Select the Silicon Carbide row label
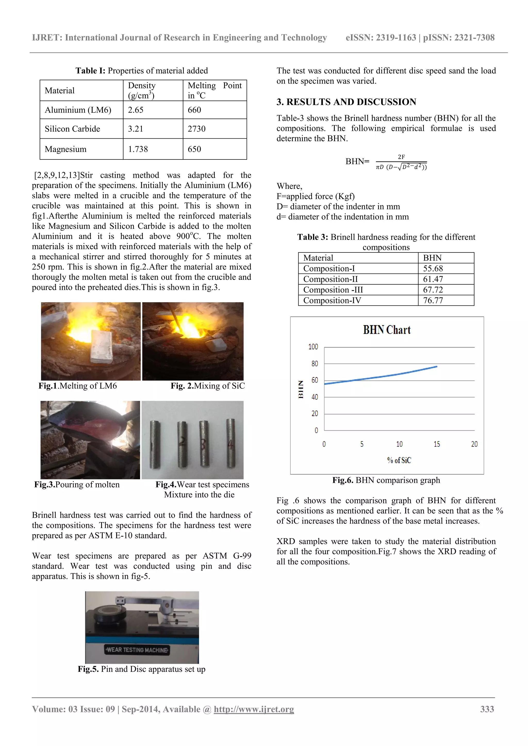[x=72, y=129]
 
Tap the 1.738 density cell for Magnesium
[x=138, y=149]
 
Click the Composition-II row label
[x=330, y=279]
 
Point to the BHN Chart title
[x=386, y=330]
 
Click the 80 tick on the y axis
[x=314, y=363]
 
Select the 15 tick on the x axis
[x=437, y=444]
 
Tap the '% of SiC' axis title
[x=399, y=460]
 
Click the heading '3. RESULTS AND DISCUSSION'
[x=346, y=102]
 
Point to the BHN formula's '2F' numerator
[x=401, y=157]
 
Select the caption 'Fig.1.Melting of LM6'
[x=77, y=386]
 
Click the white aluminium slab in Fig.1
[x=101, y=346]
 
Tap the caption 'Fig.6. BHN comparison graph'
[x=386, y=480]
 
